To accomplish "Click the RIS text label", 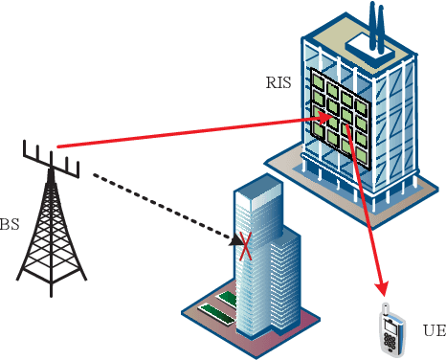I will [x=279, y=82].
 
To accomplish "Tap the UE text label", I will [x=434, y=331].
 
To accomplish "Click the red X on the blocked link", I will [x=246, y=247].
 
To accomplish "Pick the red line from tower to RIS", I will [x=191, y=131].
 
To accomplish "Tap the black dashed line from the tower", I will [x=153, y=203].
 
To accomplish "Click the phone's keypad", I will [x=390, y=340].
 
